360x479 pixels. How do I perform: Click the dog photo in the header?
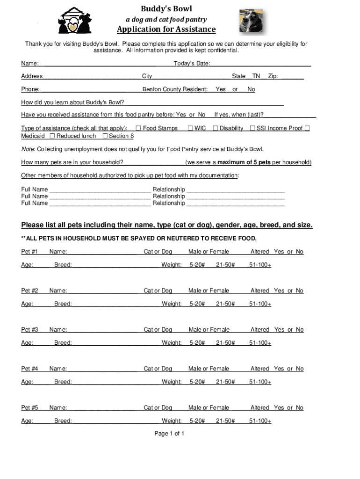click(x=251, y=21)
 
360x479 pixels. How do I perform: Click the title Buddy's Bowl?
click(x=167, y=9)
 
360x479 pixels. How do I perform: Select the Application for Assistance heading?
click(x=166, y=30)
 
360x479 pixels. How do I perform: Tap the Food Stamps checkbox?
click(x=138, y=128)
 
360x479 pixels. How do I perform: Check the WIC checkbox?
click(x=190, y=128)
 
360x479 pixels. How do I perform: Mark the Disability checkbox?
click(x=216, y=128)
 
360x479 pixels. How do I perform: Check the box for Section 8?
click(x=105, y=136)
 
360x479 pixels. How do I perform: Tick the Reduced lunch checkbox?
click(x=52, y=136)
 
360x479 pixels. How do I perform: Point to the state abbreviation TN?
click(x=256, y=76)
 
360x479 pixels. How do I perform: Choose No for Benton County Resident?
click(x=251, y=89)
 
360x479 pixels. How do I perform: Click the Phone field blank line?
click(x=83, y=89)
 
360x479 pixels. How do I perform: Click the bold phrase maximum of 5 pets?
click(x=244, y=162)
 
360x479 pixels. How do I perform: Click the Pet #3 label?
click(x=29, y=330)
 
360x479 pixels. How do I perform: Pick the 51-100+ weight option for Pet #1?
click(x=260, y=265)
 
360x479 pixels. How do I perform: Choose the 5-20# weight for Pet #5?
click(x=197, y=421)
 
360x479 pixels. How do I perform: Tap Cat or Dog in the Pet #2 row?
click(x=158, y=291)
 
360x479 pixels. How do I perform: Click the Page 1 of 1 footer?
click(x=169, y=434)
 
